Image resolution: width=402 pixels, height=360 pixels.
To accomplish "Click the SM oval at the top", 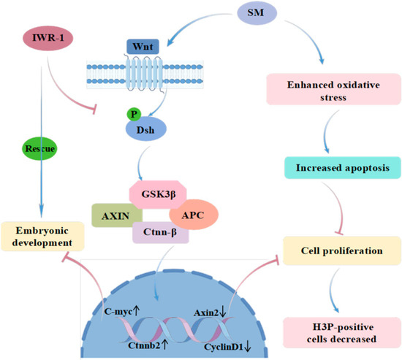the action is point(257,13).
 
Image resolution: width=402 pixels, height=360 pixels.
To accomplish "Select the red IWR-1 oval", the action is point(48,38).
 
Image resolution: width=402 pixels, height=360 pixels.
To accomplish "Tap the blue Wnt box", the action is point(143,47).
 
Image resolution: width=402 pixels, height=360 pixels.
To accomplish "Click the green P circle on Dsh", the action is point(134,114).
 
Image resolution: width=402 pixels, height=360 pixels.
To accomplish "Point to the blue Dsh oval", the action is point(146,129).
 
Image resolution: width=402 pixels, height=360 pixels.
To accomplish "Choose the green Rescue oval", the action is point(39,149).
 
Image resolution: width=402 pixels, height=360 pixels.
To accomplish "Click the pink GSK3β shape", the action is point(158,194).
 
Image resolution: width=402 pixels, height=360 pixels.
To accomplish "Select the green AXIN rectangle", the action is point(117,215).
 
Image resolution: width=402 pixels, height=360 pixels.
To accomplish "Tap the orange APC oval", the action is point(194,215).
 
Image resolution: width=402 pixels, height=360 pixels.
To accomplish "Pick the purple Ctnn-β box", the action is point(161,232).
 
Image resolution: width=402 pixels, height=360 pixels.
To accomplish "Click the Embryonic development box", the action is point(42,237).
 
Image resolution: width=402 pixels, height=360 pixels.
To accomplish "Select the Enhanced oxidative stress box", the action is point(333,89).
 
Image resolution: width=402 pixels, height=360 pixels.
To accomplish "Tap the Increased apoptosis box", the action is point(343,167).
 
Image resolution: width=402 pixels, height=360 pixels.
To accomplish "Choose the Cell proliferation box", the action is point(342,250).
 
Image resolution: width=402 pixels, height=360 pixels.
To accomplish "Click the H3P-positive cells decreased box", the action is point(342,332).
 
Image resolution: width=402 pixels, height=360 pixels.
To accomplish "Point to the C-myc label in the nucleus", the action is point(118,311).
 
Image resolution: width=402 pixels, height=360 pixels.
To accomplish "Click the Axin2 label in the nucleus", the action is point(206,313).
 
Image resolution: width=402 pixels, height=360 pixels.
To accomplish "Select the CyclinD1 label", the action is point(224,347).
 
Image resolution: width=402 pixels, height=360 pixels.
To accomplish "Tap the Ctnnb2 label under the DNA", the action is point(144,345).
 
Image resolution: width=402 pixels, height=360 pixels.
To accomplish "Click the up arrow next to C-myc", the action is point(137,311).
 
